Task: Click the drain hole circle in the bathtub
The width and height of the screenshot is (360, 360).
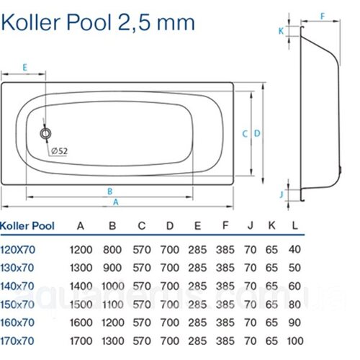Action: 45,133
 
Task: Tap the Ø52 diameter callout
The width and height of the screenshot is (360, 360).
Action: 59,151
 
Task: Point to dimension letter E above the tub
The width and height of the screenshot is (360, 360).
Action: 24,68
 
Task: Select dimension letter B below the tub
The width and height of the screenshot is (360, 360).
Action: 110,192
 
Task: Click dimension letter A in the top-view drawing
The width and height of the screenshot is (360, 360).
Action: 116,202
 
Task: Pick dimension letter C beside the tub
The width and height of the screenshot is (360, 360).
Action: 245,134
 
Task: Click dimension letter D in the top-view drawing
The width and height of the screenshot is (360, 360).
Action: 257,133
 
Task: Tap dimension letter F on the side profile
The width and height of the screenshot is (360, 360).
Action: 323,17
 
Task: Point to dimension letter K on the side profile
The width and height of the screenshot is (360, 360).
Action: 281,31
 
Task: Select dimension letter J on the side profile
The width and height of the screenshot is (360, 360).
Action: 282,194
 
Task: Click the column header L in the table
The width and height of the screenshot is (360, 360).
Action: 294,225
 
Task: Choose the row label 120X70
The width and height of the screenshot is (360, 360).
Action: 18,250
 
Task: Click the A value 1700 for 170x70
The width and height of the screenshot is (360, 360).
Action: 81,341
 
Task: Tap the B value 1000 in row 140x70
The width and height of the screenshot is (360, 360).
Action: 113,286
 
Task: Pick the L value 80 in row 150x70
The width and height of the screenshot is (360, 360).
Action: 294,305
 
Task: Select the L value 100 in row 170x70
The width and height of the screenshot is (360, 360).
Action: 295,341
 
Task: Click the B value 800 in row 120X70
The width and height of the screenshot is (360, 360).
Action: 112,250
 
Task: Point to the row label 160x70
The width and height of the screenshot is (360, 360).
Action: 17,323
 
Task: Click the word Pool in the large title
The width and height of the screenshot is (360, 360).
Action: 89,23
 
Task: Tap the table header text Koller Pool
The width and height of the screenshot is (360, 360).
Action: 27,226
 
